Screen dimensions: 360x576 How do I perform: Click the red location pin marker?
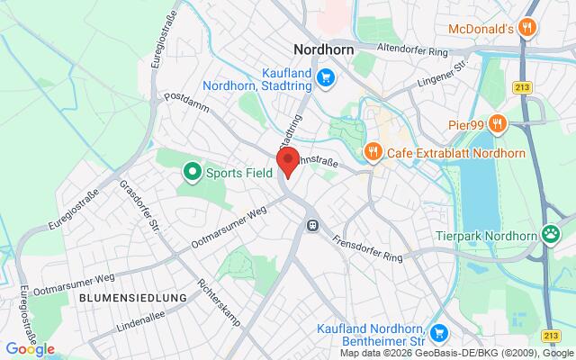pos(287,164)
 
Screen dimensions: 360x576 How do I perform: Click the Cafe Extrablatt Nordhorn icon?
pos(372,151)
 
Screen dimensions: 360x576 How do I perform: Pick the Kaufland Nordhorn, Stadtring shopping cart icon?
pos(327,79)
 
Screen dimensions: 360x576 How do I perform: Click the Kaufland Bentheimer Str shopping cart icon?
pos(439,334)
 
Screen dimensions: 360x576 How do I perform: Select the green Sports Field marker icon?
pos(191,171)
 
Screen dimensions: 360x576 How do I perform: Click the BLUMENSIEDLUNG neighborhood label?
pos(132,296)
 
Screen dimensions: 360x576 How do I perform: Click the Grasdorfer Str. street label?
pos(139,207)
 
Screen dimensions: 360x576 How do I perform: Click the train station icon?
pos(312,223)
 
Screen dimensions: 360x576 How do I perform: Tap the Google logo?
pos(30,349)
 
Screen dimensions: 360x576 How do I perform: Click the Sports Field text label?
pos(238,171)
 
